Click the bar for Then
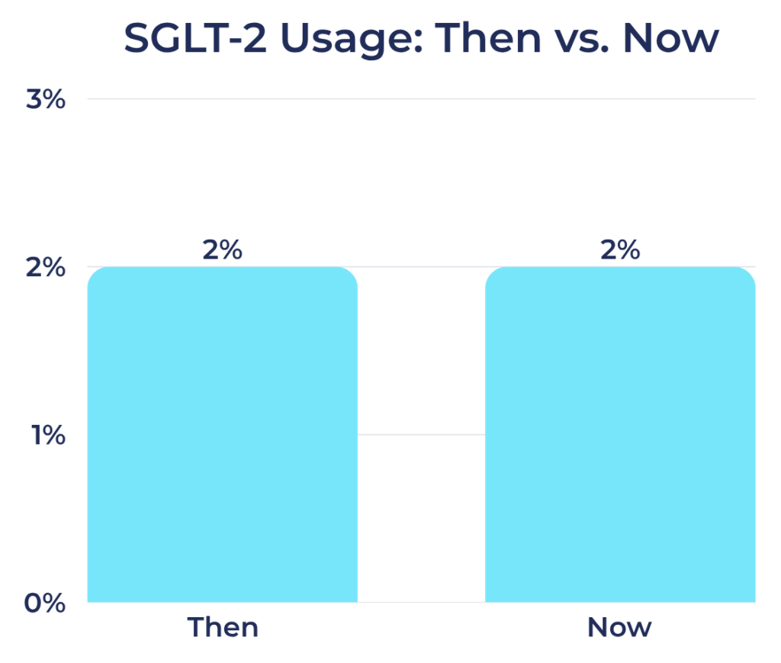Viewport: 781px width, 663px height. tap(222, 435)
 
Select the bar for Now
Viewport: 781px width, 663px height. tap(620, 435)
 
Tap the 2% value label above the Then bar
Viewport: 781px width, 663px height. tap(222, 250)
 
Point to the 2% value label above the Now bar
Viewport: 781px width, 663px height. tap(620, 250)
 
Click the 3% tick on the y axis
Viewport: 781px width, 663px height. tap(46, 100)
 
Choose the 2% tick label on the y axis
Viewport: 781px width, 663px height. tap(46, 268)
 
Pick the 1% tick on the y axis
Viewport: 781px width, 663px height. tap(47, 436)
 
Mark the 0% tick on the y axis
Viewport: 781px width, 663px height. tap(46, 603)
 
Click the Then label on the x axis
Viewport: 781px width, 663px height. tap(223, 628)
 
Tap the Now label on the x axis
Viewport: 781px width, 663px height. tap(619, 628)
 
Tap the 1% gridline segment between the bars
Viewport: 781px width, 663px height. tap(421, 435)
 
